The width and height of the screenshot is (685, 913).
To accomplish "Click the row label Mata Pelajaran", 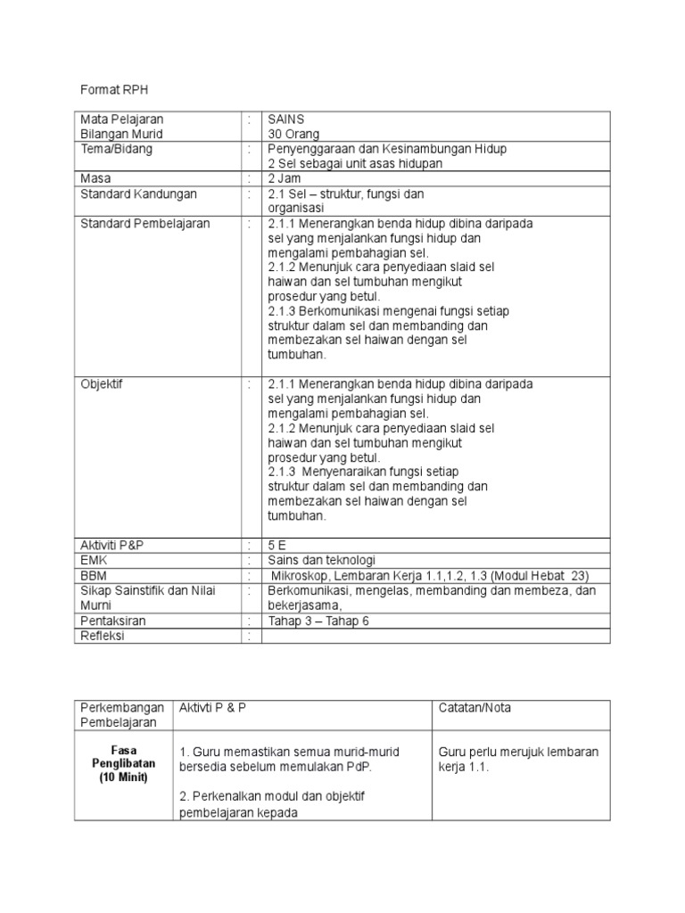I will click(x=121, y=119).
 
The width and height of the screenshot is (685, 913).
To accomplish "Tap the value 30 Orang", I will click(x=293, y=134).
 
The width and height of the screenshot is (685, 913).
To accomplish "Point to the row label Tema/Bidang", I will click(x=116, y=149).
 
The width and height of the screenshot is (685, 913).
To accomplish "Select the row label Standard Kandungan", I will click(x=138, y=193).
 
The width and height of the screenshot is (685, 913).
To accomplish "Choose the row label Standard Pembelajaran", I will click(x=144, y=223).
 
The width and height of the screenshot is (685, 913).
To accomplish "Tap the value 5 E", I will click(x=279, y=545).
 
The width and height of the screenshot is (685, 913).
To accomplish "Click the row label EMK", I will click(x=95, y=560).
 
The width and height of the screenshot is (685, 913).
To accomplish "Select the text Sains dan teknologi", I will click(x=322, y=560).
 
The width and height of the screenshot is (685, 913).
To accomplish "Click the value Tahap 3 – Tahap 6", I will click(x=318, y=621).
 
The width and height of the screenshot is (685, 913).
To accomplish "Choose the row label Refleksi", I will click(x=103, y=636).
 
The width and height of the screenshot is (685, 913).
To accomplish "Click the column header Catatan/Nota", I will click(x=475, y=707).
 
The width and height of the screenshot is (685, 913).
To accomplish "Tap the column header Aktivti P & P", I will click(x=213, y=707).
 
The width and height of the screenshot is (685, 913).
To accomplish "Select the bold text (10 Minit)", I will click(x=123, y=778).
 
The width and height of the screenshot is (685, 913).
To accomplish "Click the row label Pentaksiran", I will click(x=112, y=621).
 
